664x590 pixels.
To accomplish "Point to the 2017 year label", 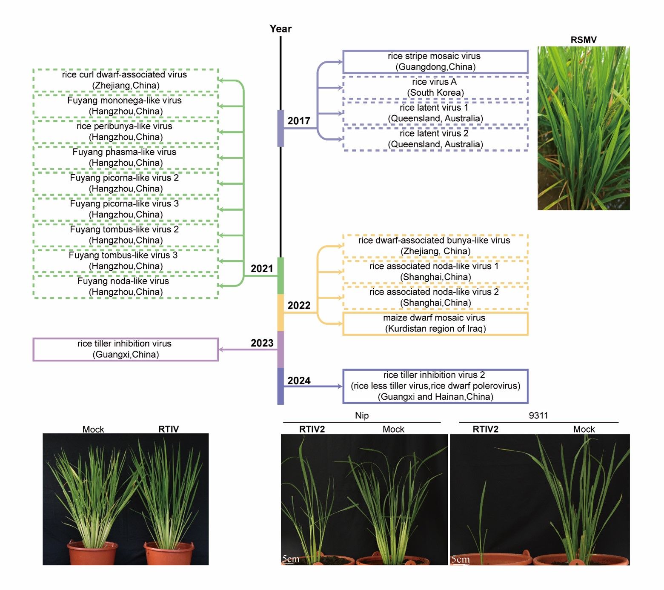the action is pos(299,121).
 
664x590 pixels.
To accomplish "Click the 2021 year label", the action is pos(262,269).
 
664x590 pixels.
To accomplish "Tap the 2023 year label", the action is pos(262,343).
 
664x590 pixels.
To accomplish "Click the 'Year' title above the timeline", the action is pos(280,29).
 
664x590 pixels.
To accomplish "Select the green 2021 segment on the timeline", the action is pos(280,276).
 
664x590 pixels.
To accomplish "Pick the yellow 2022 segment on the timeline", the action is pos(280,313).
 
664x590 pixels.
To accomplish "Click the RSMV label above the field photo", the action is pos(584,40).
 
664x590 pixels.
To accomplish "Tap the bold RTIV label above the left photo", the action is pos(169,429).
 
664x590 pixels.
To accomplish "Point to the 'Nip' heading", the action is pos(362,415).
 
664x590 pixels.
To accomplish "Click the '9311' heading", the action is pos(538,415).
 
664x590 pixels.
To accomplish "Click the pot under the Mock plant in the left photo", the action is pos(92,553).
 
